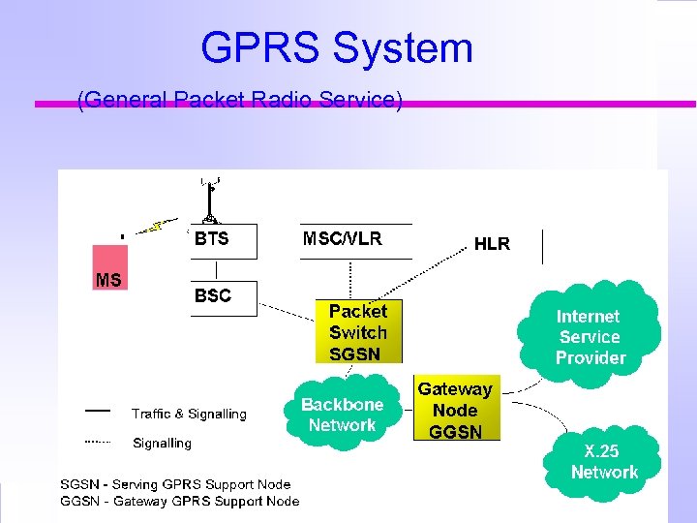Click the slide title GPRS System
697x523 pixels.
[336, 48]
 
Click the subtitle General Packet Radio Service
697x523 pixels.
[239, 100]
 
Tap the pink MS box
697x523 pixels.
[109, 267]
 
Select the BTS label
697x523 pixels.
[212, 239]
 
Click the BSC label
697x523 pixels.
[213, 296]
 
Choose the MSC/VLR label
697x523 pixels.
[343, 238]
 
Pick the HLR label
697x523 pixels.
[492, 244]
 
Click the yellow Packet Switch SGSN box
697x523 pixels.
[358, 332]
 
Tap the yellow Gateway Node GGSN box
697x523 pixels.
[456, 410]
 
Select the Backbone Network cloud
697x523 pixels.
[342, 415]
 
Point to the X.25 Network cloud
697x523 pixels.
[604, 462]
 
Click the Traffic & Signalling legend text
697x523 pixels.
[189, 415]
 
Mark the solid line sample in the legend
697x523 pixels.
[97, 411]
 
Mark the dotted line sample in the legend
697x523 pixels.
[97, 442]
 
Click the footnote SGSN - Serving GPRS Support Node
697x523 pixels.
[175, 484]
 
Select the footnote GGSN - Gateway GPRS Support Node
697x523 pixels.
[180, 501]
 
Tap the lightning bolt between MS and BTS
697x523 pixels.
[156, 229]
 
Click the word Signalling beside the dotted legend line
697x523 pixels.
[162, 444]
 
